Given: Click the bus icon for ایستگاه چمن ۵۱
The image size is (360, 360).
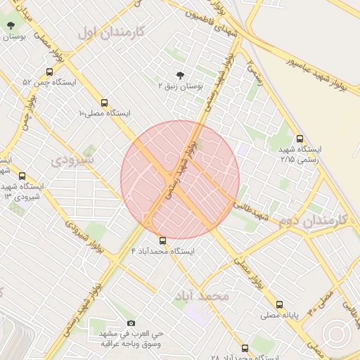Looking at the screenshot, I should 49,72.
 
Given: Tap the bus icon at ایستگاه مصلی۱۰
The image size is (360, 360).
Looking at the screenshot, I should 105,103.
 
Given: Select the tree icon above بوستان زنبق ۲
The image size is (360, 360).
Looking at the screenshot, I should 181,75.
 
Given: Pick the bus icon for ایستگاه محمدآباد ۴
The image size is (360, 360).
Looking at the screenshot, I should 163,240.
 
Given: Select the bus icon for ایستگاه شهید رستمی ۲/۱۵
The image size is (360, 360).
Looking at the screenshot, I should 301,139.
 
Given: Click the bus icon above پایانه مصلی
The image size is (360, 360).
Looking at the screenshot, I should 280,305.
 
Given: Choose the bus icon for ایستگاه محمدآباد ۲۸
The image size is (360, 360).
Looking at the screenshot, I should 245,348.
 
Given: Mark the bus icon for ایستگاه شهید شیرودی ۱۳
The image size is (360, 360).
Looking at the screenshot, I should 22,176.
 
